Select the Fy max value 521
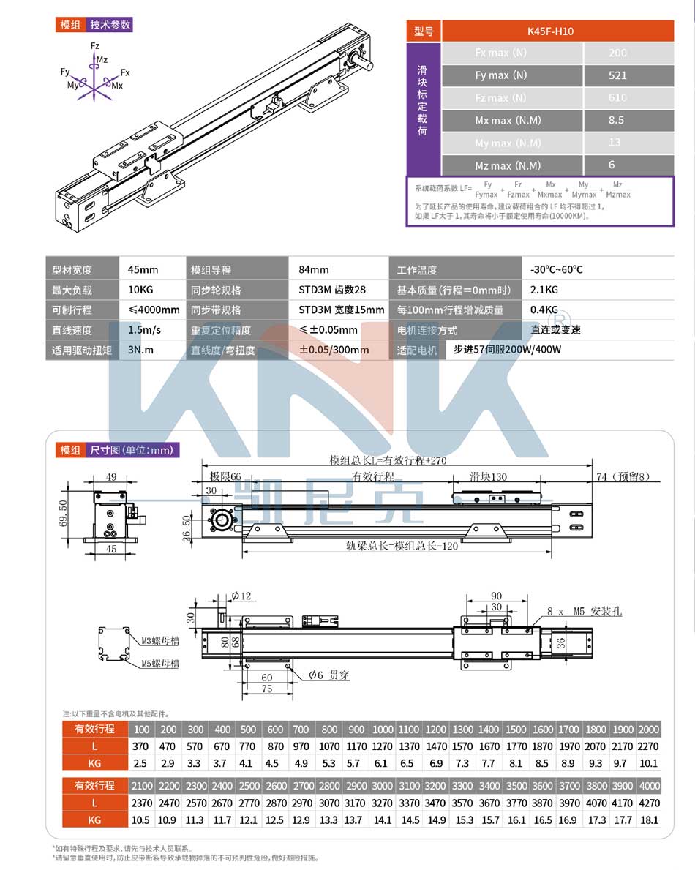pyautogui.click(x=617, y=75)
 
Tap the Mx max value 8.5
pyautogui.click(x=616, y=121)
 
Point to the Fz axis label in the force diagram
pyautogui.click(x=94, y=46)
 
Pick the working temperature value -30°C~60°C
pyautogui.click(x=557, y=270)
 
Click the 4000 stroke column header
pyautogui.click(x=648, y=785)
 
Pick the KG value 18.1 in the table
pyautogui.click(x=648, y=820)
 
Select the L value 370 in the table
pyautogui.click(x=141, y=746)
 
